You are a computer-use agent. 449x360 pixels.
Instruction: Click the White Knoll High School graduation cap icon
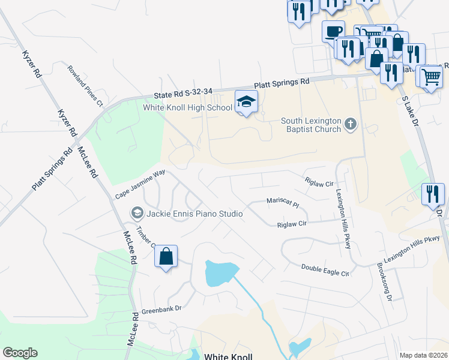(246, 102)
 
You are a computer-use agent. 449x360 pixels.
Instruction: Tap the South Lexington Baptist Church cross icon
(351, 125)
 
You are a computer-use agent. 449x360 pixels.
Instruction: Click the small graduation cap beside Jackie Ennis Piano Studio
(137, 214)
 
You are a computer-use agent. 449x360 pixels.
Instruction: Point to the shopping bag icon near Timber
(166, 257)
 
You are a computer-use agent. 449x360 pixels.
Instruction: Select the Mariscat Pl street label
(283, 202)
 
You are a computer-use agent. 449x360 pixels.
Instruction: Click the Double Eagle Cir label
(325, 269)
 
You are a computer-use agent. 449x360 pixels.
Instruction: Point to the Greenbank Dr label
(161, 311)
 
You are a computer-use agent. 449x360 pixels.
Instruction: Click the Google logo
(20, 353)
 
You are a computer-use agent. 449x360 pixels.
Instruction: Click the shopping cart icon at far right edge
(431, 76)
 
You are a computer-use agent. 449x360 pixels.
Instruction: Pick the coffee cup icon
(333, 31)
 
